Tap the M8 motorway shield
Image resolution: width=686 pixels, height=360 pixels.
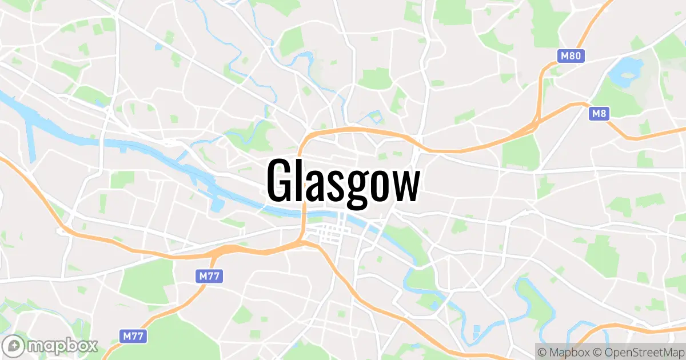click(x=599, y=114)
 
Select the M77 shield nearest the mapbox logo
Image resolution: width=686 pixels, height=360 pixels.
click(x=133, y=336)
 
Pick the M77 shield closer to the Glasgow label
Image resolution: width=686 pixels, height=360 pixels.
click(x=209, y=277)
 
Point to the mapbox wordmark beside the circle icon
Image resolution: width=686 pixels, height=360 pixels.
click(x=63, y=345)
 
